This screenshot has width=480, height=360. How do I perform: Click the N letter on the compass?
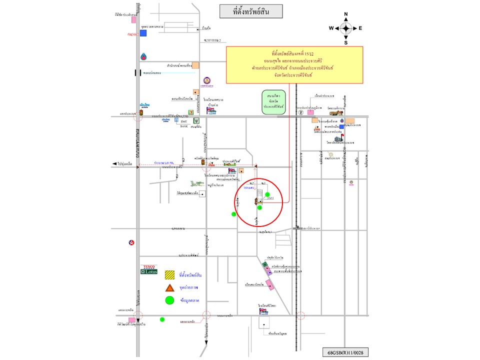pos(345,14)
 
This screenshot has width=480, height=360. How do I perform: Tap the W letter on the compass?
pos(331,28)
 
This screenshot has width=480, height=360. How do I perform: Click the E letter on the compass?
pos(360,28)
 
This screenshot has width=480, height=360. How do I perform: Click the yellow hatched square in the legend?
pos(170,274)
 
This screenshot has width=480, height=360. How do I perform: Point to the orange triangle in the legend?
pos(170,287)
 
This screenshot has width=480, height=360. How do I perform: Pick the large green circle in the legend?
pos(170,300)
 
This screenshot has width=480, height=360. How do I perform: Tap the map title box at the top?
pos(251,11)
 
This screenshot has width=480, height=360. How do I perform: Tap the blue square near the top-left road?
pos(143,33)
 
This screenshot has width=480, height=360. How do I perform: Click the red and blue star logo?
pos(131,243)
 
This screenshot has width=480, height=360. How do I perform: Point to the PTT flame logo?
pos(144,56)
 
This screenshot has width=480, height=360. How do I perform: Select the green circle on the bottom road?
pos(162,319)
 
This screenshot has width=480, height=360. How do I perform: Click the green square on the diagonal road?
pos(264,264)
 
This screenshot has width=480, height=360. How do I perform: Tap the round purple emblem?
pos(207,81)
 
